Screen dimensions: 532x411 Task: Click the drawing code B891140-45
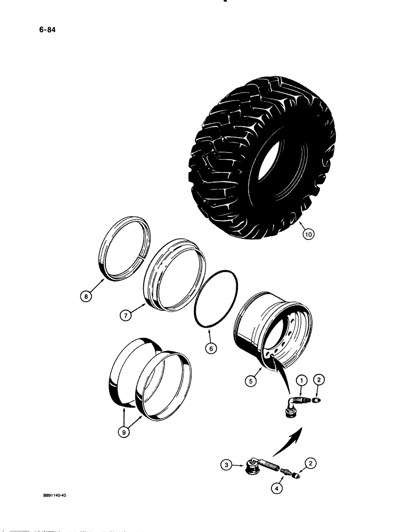tap(51, 494)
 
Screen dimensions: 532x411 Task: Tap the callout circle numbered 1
tap(302, 381)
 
